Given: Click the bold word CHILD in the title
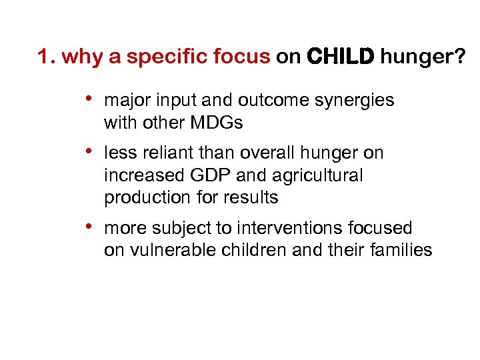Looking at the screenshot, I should pos(341,58).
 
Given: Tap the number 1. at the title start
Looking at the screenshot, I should pos(46,58).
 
